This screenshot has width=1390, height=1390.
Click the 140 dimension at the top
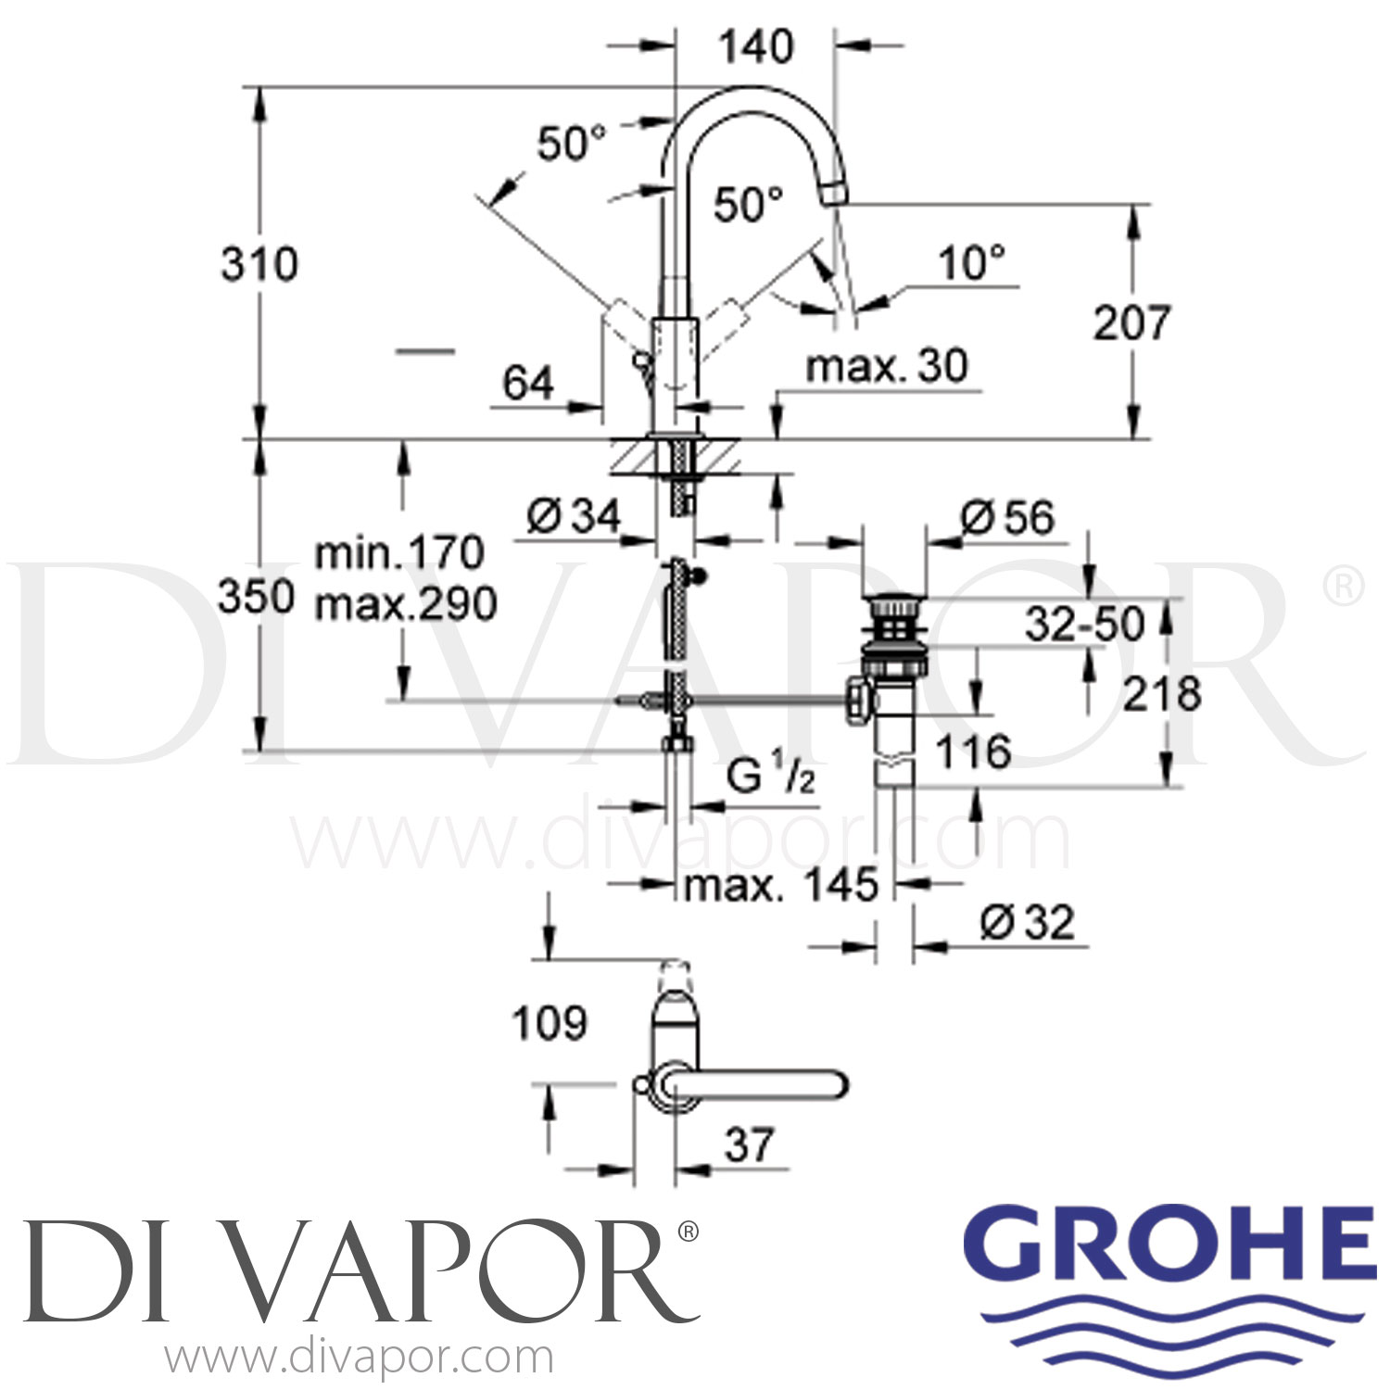pyautogui.click(x=757, y=46)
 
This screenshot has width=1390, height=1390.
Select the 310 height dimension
pyautogui.click(x=259, y=265)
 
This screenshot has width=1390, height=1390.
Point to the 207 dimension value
pyautogui.click(x=1131, y=322)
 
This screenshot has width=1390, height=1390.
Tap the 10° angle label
pyautogui.click(x=971, y=263)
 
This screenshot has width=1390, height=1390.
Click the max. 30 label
pyautogui.click(x=887, y=367)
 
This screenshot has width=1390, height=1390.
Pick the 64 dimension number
pyautogui.click(x=528, y=384)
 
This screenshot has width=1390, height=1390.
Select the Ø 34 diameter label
pyautogui.click(x=574, y=516)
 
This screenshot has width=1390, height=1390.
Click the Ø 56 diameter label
pyautogui.click(x=1007, y=518)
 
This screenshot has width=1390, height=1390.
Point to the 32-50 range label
pyautogui.click(x=1084, y=625)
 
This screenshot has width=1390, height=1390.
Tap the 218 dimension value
pyautogui.click(x=1161, y=694)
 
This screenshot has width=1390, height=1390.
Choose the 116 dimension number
pyautogui.click(x=972, y=752)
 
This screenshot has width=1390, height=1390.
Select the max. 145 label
pyautogui.click(x=780, y=886)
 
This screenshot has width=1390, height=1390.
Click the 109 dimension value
pyautogui.click(x=550, y=1024)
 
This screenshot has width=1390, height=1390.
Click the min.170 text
pyautogui.click(x=399, y=553)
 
